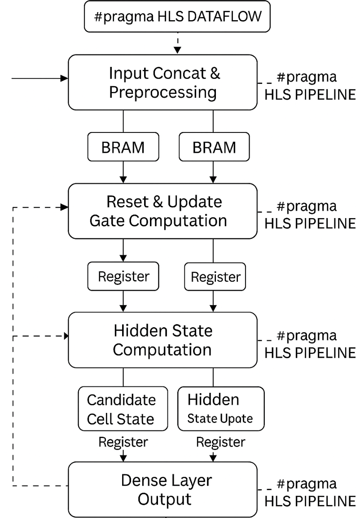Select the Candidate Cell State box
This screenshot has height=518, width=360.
point(123,409)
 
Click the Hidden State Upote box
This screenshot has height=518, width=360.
point(220,409)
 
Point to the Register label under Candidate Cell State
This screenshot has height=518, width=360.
point(123,442)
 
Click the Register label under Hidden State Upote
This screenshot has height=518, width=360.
point(220,442)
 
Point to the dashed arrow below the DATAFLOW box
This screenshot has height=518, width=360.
point(178,44)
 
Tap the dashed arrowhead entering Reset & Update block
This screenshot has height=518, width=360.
point(65,207)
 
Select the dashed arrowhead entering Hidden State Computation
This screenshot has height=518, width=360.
point(65,336)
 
